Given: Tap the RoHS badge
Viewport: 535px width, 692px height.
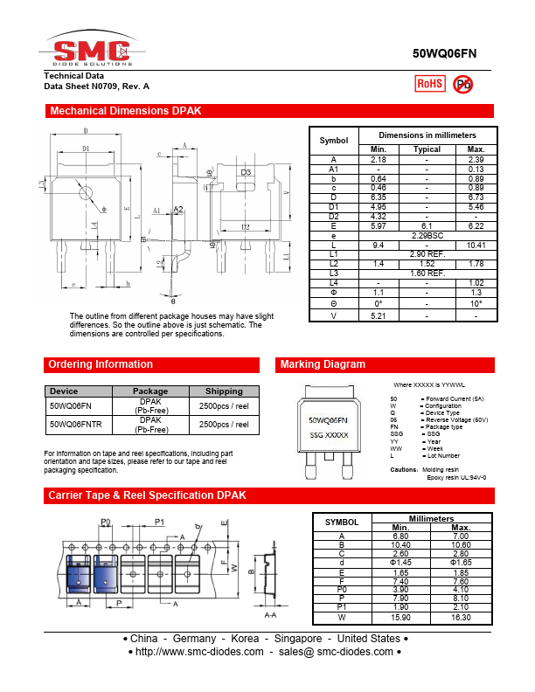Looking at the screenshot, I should click(x=429, y=83).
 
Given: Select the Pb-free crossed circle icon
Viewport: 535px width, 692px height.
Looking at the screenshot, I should click(x=463, y=84).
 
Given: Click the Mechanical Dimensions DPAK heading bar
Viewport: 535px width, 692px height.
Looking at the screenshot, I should click(x=126, y=111).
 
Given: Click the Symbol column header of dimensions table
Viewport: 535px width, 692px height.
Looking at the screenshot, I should click(x=334, y=141).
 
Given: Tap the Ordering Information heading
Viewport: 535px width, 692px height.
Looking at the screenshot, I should click(x=101, y=364).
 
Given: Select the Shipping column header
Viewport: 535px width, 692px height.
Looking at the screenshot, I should click(x=225, y=391).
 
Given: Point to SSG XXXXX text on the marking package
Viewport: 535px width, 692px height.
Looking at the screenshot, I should click(x=329, y=434).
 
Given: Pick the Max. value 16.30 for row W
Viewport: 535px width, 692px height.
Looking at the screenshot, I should click(x=462, y=618).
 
